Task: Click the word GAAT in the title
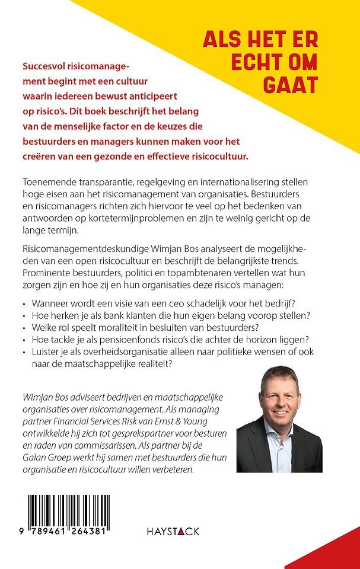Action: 291,84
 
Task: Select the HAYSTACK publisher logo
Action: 173,531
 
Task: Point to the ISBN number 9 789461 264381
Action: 65,532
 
